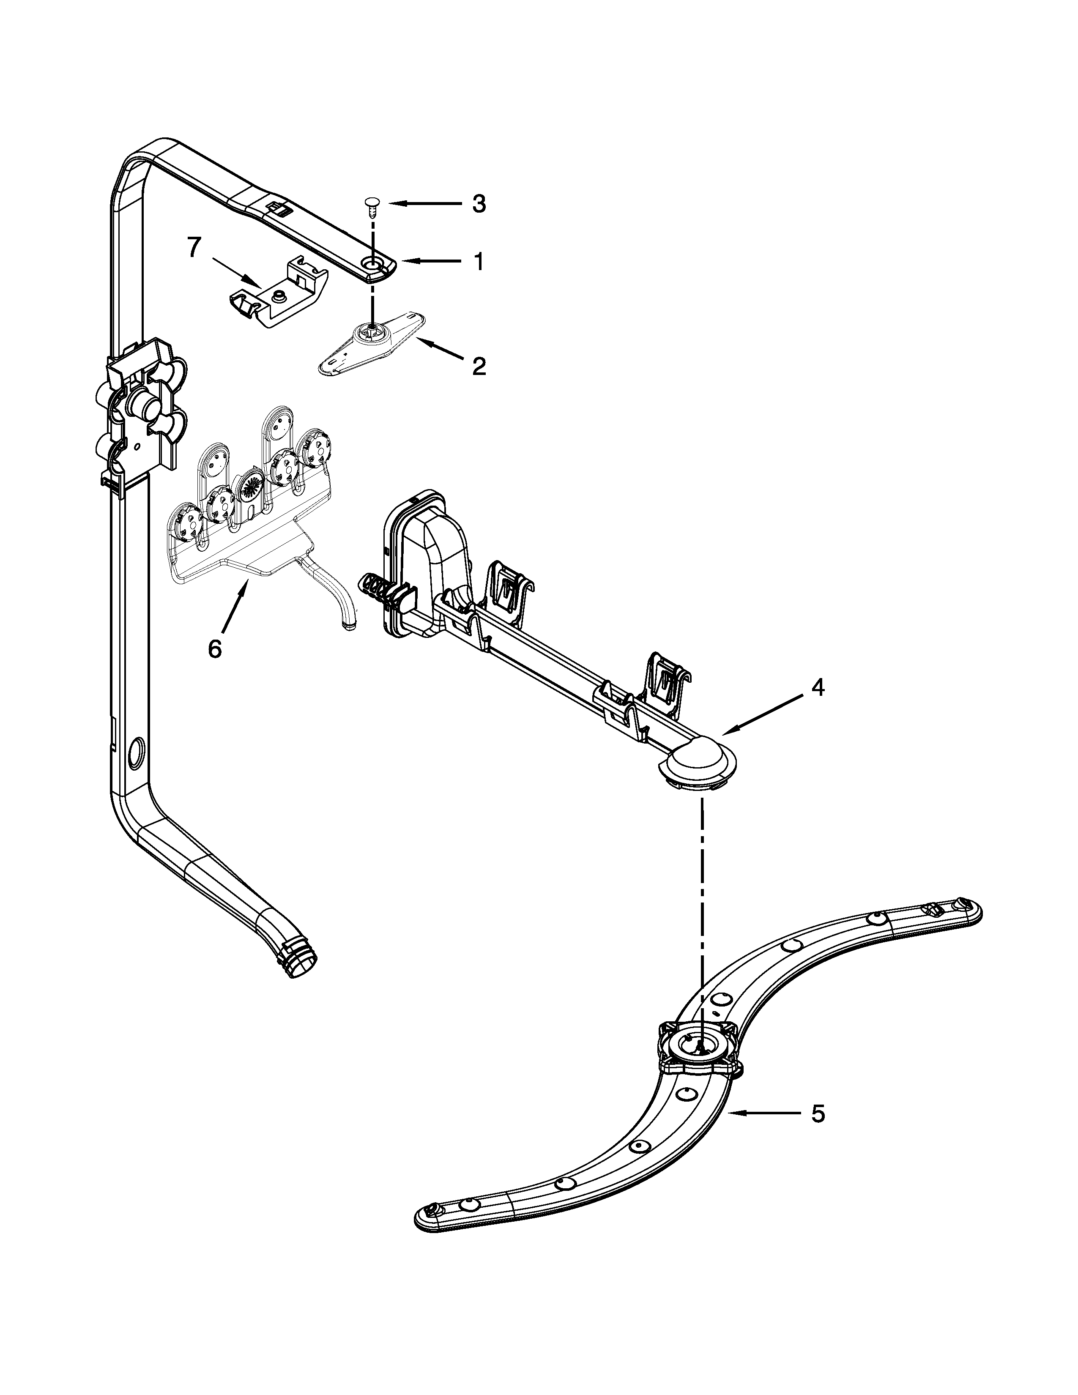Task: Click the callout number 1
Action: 478,261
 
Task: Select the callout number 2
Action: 478,366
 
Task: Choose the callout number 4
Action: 818,687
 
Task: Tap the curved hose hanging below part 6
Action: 339,595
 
